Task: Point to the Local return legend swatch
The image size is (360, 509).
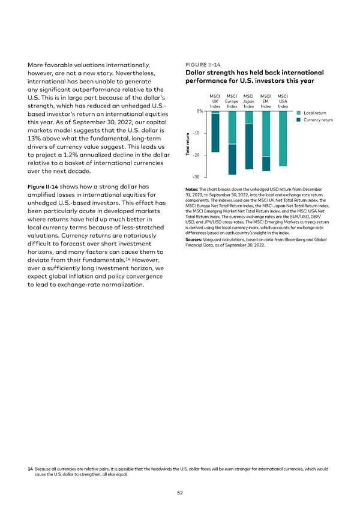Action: pos(299,112)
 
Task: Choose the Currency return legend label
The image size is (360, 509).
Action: pos(319,120)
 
